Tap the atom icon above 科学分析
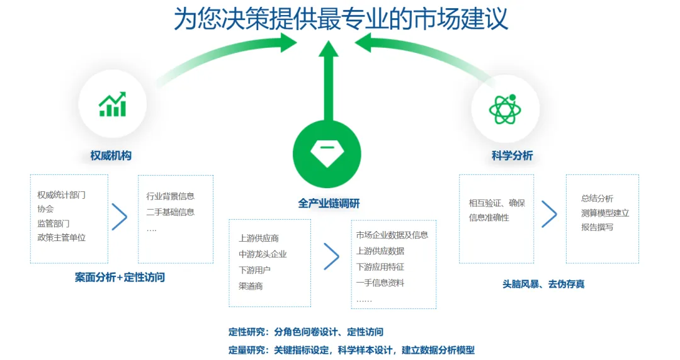505,109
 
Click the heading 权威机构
111,155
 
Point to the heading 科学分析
512,155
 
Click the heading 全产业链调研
329,203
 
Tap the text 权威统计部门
61,195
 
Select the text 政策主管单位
61,237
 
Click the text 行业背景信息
170,196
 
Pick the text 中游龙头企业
263,254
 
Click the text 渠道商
251,286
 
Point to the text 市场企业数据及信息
392,235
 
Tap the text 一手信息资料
380,283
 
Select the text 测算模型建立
604,213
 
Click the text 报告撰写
597,227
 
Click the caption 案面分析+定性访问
120,277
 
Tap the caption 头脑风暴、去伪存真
543,284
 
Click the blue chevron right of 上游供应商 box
331,256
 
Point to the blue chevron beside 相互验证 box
549,214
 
